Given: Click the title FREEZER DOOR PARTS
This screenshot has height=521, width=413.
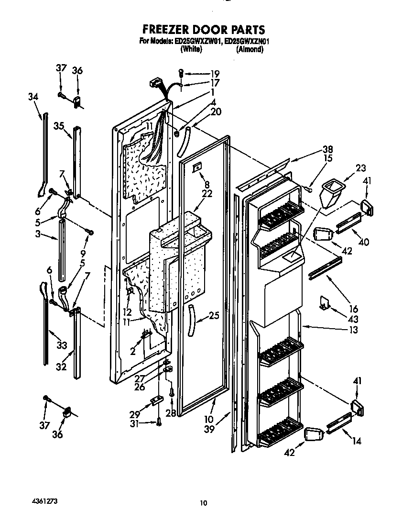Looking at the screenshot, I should (x=204, y=31).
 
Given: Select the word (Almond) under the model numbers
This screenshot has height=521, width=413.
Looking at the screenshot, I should (x=250, y=49).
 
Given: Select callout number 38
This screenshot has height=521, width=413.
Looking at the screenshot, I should (x=327, y=148).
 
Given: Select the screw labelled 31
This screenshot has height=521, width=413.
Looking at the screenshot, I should (x=158, y=421).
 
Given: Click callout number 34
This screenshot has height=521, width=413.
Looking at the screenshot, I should (x=33, y=97).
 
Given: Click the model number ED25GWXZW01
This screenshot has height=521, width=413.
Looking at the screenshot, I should (x=192, y=41).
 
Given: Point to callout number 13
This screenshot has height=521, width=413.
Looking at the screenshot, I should (x=353, y=330).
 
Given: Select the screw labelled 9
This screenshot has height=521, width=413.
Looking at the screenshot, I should (x=89, y=233).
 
